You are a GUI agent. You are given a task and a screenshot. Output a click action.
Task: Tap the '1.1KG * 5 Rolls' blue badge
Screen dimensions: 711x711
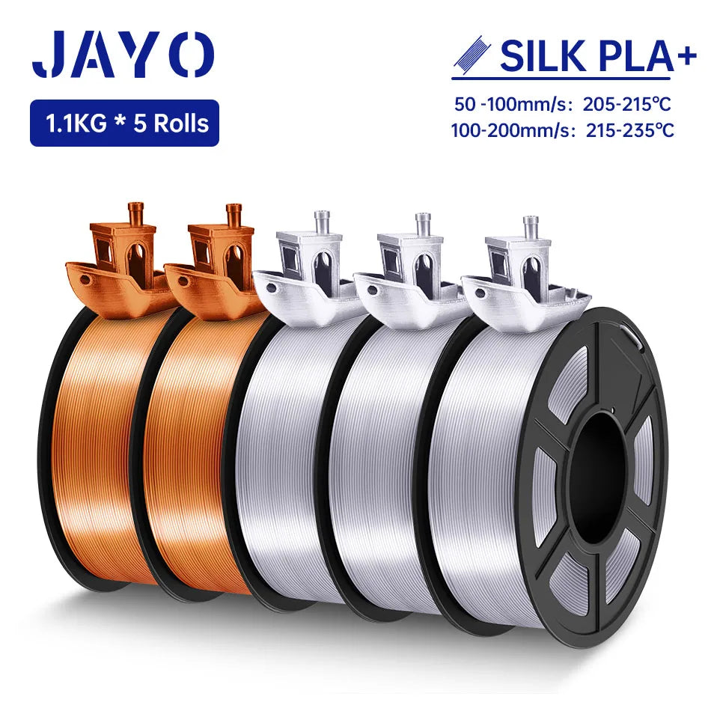pyautogui.click(x=124, y=123)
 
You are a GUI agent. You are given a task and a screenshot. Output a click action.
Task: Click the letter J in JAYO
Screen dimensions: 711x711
pyautogui.click(x=49, y=54)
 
